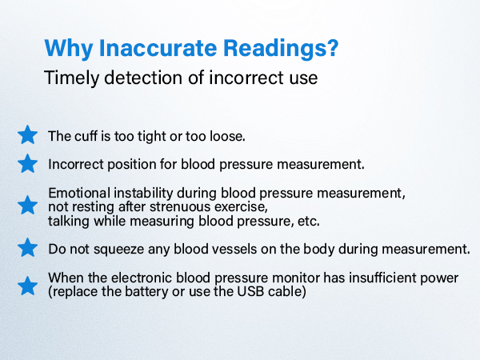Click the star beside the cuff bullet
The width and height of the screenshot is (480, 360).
(28, 134)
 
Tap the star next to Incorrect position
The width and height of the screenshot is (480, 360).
(28, 163)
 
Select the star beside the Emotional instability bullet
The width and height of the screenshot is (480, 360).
(28, 206)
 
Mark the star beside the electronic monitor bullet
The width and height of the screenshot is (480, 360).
(28, 285)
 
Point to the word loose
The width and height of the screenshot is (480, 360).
(226, 135)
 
